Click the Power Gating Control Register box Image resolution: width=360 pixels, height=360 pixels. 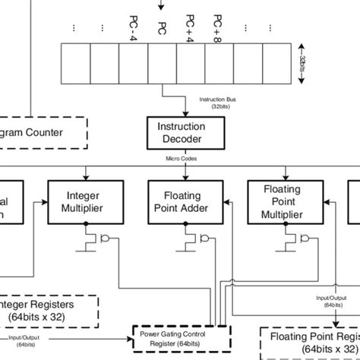click(179, 336)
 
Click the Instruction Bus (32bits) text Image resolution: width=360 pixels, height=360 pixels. click(218, 103)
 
